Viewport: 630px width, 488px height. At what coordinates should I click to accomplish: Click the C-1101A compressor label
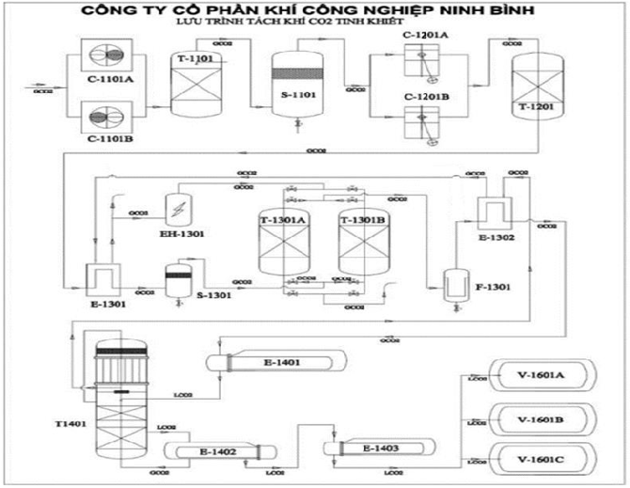tap(110, 80)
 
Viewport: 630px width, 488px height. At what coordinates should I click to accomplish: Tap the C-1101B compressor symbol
tap(109, 118)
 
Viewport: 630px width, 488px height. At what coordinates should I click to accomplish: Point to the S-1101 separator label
tap(298, 96)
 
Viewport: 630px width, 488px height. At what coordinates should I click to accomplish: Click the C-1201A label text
tap(425, 35)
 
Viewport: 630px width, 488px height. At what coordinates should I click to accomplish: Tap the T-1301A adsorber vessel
tap(283, 245)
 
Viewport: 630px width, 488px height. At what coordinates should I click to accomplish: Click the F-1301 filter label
tap(495, 286)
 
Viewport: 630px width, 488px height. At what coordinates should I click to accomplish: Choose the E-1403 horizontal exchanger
tap(384, 449)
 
